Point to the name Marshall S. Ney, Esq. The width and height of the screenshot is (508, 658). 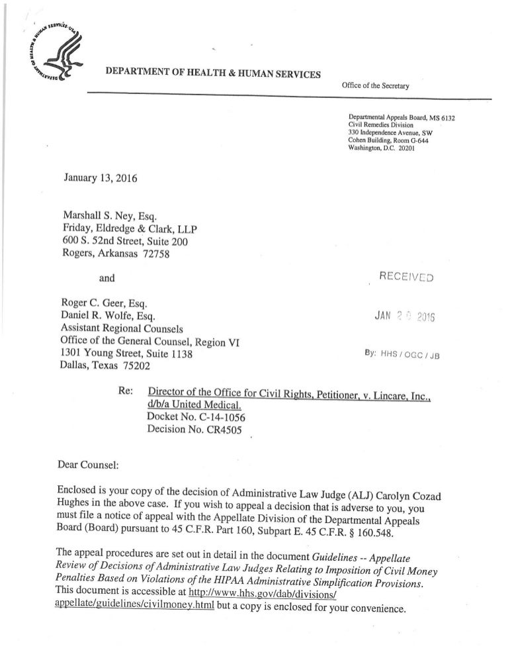click(x=110, y=216)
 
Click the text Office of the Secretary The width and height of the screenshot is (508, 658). click(x=376, y=86)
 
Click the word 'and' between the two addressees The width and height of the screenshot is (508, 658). click(x=107, y=279)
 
